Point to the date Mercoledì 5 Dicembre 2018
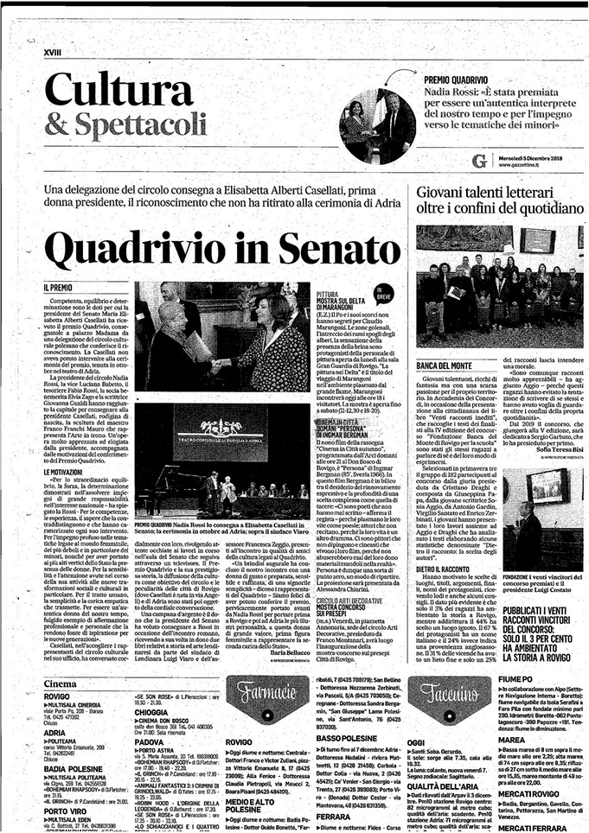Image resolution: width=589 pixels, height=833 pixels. click(550, 160)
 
